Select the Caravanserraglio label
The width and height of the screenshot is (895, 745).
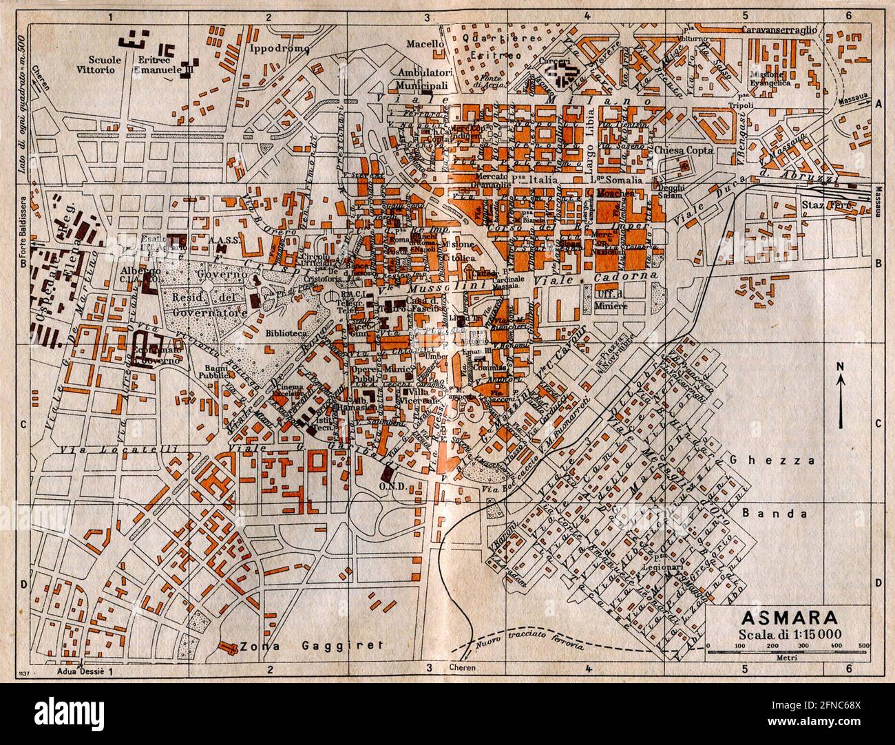point(779,10)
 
